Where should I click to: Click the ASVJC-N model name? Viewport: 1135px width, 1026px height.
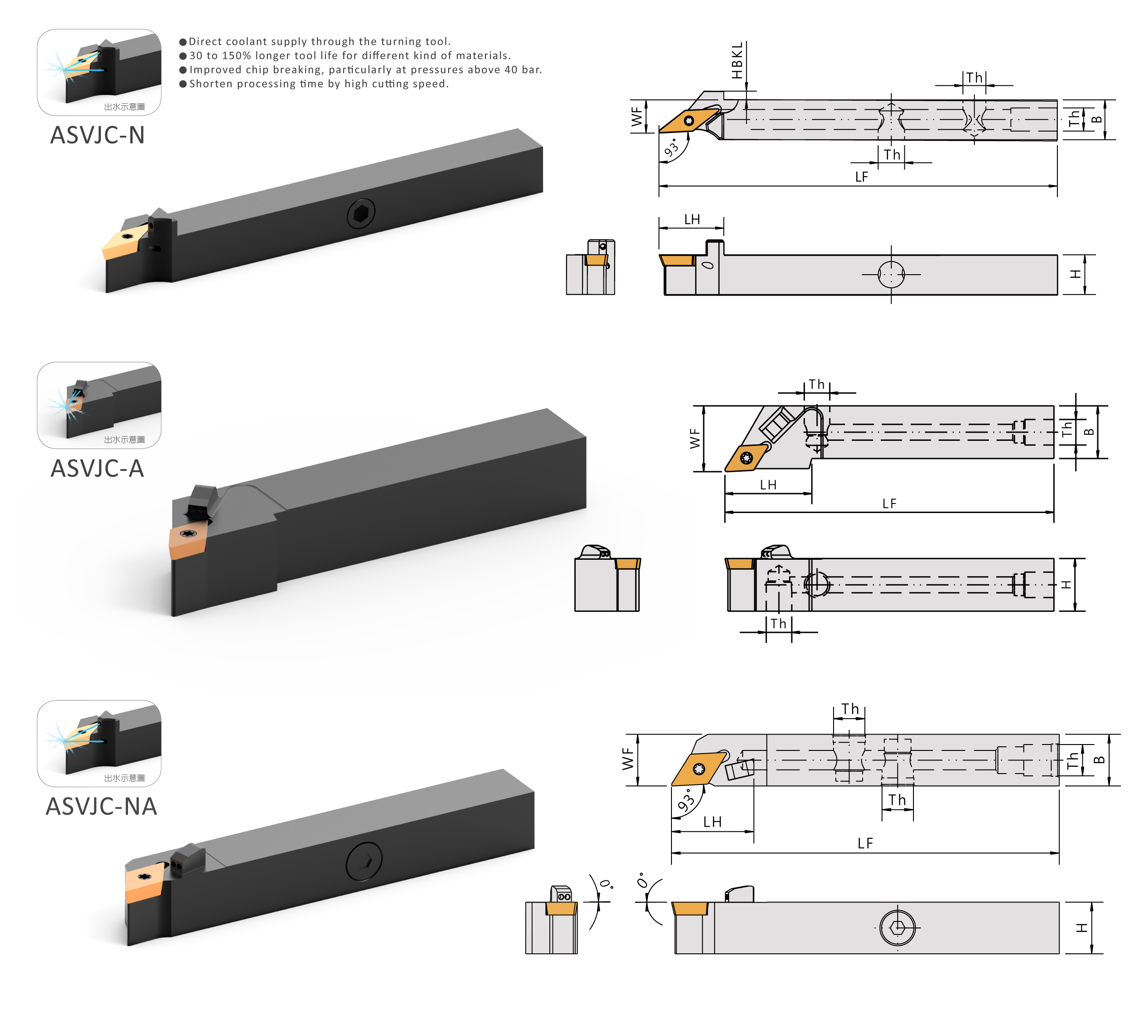(x=98, y=135)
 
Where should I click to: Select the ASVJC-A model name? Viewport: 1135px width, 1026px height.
(x=98, y=469)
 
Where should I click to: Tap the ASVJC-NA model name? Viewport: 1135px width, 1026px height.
(x=101, y=806)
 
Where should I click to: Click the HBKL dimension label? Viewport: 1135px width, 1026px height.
(x=737, y=61)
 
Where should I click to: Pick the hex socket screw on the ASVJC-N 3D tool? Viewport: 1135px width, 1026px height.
(x=361, y=214)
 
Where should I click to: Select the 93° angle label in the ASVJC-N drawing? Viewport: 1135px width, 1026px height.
(x=671, y=148)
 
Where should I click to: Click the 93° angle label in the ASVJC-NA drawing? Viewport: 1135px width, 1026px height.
(x=686, y=800)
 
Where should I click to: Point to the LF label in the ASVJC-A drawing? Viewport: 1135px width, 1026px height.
(x=889, y=503)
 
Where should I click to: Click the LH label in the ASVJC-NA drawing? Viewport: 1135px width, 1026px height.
(x=712, y=822)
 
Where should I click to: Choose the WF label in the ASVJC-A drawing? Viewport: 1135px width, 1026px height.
(x=695, y=438)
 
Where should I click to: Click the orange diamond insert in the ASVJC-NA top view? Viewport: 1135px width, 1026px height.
(x=699, y=769)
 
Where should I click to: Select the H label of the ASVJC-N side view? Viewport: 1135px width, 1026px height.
(x=1076, y=274)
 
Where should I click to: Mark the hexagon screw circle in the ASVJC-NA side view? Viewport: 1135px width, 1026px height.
(x=898, y=927)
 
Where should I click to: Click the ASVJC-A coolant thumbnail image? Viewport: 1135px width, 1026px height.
(x=99, y=405)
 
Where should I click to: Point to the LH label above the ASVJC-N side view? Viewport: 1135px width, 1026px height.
(x=692, y=220)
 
